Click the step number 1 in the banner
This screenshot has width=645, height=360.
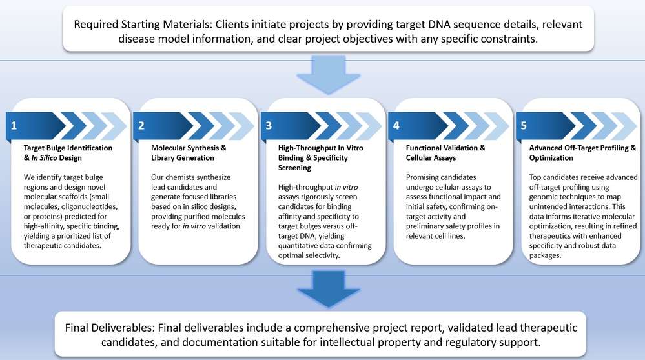[13, 125]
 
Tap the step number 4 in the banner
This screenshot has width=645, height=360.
[395, 125]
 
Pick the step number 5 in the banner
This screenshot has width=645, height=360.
[523, 125]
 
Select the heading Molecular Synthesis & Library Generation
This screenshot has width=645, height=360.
[184, 152]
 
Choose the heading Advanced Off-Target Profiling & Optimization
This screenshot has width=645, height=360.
[578, 152]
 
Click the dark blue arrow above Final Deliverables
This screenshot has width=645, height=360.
[322, 288]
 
